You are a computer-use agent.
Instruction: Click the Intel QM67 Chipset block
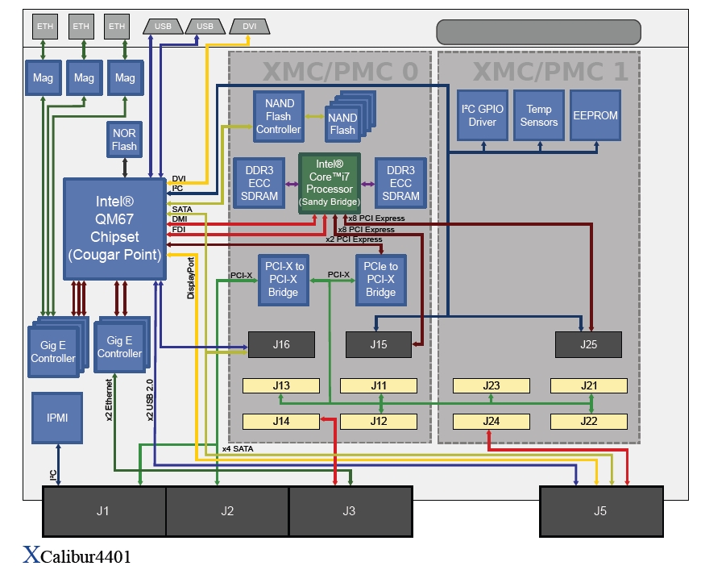(x=115, y=228)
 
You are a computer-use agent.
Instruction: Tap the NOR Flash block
(x=124, y=139)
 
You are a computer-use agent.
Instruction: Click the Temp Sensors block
(x=539, y=114)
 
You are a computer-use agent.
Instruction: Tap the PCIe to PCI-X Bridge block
(x=381, y=279)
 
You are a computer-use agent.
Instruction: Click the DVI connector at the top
(x=249, y=27)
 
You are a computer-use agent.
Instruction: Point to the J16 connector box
(x=280, y=345)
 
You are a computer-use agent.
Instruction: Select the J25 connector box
(x=588, y=345)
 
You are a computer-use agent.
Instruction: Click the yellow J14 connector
(x=280, y=421)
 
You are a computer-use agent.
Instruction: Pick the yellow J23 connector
(x=492, y=385)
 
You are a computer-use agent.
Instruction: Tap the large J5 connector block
(x=600, y=510)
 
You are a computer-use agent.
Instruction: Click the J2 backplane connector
(x=227, y=510)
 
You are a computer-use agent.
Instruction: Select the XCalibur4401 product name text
(x=77, y=555)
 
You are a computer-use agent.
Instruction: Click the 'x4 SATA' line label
(x=239, y=447)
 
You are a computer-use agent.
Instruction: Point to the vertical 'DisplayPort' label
(x=191, y=278)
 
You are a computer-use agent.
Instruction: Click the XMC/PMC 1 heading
(x=550, y=72)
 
